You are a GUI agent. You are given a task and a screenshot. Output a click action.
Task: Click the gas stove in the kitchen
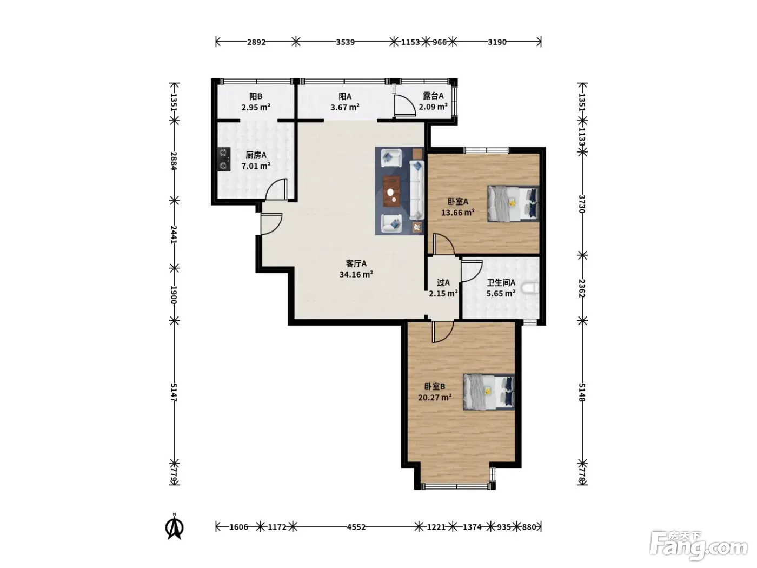pyautogui.click(x=224, y=160)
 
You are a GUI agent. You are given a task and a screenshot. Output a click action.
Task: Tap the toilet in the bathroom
pyautogui.click(x=530, y=288)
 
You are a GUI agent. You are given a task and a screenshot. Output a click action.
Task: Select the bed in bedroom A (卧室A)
pyautogui.click(x=513, y=203)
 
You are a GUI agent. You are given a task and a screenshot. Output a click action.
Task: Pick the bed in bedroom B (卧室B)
pyautogui.click(x=489, y=392)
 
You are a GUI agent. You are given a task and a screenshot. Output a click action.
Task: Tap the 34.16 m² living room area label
pyautogui.click(x=356, y=274)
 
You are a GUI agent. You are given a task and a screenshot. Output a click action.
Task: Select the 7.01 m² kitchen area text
pyautogui.click(x=256, y=166)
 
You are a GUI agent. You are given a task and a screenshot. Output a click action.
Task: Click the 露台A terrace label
pyautogui.click(x=433, y=96)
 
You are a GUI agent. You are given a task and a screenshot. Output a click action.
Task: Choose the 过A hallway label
pyautogui.click(x=443, y=282)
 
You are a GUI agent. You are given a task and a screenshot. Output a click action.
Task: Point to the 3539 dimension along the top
pyautogui.click(x=345, y=42)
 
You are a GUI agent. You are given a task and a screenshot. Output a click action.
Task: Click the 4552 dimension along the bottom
pyautogui.click(x=356, y=527)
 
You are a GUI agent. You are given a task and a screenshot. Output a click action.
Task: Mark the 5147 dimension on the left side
pyautogui.click(x=174, y=393)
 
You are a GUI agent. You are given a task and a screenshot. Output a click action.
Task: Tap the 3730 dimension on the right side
pyautogui.click(x=582, y=203)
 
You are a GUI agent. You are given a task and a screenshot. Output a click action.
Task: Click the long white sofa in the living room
pyautogui.click(x=416, y=190)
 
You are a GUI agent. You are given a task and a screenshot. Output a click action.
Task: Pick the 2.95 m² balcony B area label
pyautogui.click(x=256, y=107)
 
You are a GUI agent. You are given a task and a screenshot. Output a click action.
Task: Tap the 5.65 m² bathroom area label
pyautogui.click(x=501, y=294)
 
